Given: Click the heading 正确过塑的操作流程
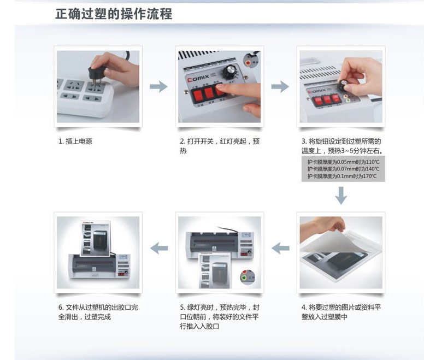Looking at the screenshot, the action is (114, 14).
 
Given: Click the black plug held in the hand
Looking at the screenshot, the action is (96, 74).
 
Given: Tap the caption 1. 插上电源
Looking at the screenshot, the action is (75, 141).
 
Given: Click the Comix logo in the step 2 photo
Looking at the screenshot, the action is (198, 78).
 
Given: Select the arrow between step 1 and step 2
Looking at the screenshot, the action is (159, 86).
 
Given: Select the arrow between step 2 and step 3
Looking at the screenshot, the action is (280, 86).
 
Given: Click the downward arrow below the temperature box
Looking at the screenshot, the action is (341, 196).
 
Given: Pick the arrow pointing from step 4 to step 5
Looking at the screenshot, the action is (280, 248).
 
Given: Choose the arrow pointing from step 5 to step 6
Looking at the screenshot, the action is (159, 248).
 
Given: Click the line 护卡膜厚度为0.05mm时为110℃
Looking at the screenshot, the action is (343, 162).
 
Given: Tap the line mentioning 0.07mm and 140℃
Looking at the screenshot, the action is (343, 169).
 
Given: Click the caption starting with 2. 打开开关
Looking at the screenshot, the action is (220, 146).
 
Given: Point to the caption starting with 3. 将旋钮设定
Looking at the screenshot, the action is (342, 146).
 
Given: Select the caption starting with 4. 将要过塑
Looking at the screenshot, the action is (341, 312).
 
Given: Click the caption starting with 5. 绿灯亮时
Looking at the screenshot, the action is (220, 317).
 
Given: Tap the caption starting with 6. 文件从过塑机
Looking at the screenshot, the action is (98, 312).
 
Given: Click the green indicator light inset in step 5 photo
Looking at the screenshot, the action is (244, 279).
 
